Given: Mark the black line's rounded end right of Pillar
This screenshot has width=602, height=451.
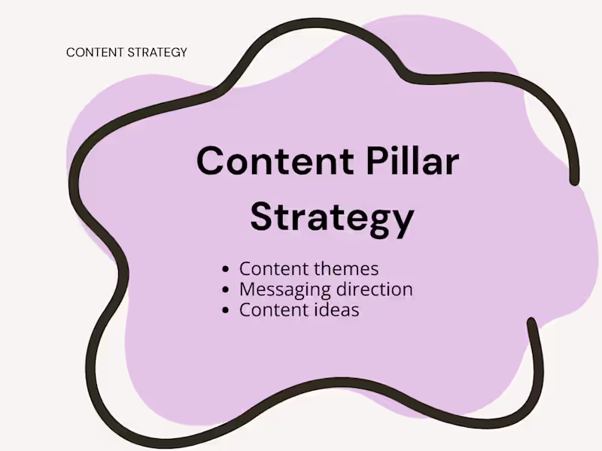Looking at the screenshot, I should [574, 180].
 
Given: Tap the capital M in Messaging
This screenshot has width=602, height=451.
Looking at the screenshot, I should [248, 289].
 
